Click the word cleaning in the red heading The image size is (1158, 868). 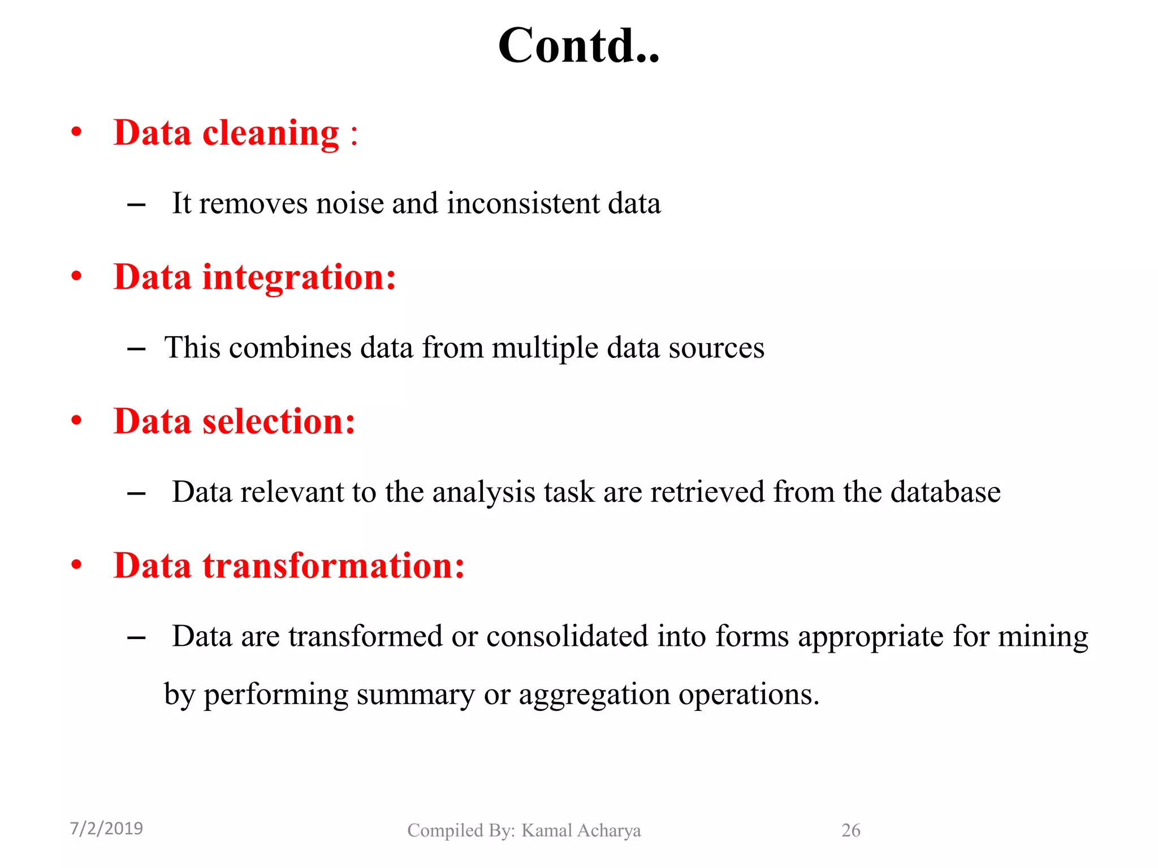point(270,134)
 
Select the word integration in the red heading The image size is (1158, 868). point(299,277)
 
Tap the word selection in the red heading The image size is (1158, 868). point(279,422)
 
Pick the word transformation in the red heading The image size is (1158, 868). point(334,566)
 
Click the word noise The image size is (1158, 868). point(350,203)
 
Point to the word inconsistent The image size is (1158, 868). point(523,203)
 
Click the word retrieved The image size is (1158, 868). point(707,492)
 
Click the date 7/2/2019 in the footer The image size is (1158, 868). point(106,828)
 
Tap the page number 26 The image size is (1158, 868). point(850,830)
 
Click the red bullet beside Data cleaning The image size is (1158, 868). point(77,133)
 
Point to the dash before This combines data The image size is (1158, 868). point(136,349)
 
